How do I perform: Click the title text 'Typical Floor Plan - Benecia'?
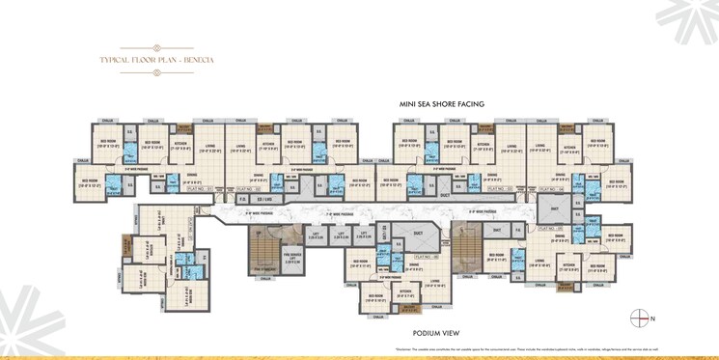(156, 60)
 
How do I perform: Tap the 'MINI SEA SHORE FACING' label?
(441, 103)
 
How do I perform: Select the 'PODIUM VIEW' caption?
(433, 332)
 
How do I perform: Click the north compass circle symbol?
(637, 317)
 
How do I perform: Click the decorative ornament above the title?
(156, 47)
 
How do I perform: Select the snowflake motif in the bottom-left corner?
(29, 323)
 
